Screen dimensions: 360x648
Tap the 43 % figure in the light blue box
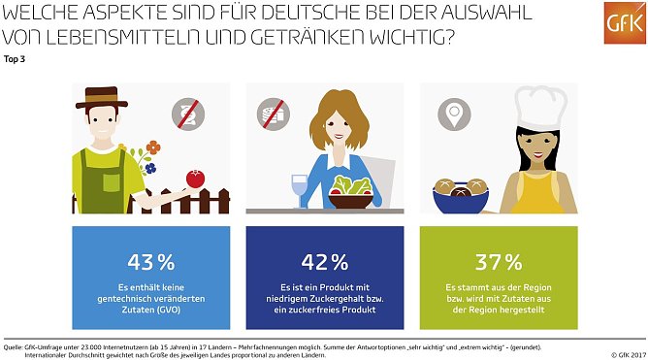tap(151, 261)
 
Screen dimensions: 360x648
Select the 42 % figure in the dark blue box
tap(324, 261)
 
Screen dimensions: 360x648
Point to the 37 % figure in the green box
tap(497, 261)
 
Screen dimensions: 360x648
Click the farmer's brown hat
tap(106, 98)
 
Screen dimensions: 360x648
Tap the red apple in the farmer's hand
tap(196, 179)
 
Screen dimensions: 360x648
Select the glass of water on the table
tap(299, 188)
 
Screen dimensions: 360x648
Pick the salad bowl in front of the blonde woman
tap(351, 190)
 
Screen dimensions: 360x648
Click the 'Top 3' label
tap(16, 59)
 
